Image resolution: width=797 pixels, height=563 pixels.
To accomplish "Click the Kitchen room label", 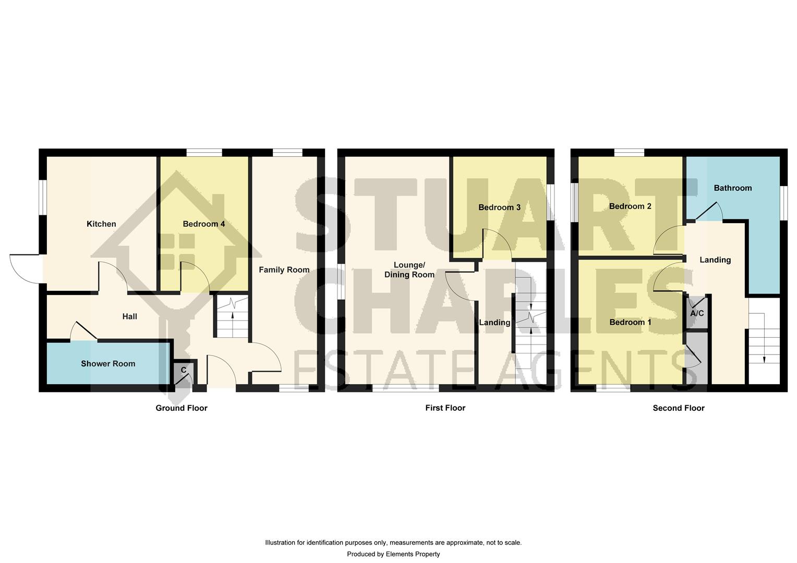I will click(x=101, y=224).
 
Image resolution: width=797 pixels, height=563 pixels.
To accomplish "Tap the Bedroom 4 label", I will click(x=204, y=224).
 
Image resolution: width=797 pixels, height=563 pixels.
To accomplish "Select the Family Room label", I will click(x=284, y=270).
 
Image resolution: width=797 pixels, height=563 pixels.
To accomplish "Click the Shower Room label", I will click(x=108, y=364).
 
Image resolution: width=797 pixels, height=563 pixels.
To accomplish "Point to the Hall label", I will click(x=130, y=316).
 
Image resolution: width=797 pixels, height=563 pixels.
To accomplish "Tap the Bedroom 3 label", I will click(x=499, y=207).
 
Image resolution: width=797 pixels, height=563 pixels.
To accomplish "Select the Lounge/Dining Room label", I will click(x=409, y=270).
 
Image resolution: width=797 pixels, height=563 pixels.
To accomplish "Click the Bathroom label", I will click(x=733, y=188).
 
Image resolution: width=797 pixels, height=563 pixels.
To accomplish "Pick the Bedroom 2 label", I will click(x=630, y=206).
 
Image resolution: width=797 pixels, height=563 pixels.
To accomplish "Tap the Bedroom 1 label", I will click(x=631, y=322).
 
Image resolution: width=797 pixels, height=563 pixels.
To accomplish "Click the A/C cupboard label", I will click(x=697, y=314).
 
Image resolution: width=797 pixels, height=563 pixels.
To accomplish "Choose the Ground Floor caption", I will click(x=182, y=408).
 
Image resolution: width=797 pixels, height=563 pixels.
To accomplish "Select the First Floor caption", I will click(x=445, y=408).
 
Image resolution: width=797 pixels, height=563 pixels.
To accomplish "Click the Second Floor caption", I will click(x=679, y=408).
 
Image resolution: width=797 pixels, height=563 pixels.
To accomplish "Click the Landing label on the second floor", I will click(x=715, y=260).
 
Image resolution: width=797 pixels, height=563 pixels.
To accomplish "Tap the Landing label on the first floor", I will click(x=494, y=323).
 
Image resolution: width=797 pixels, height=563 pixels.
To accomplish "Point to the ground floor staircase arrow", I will click(x=232, y=314).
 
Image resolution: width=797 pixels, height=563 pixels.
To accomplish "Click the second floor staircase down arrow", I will click(x=764, y=357).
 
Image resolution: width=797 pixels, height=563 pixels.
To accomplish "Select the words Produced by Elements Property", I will click(x=393, y=554).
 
